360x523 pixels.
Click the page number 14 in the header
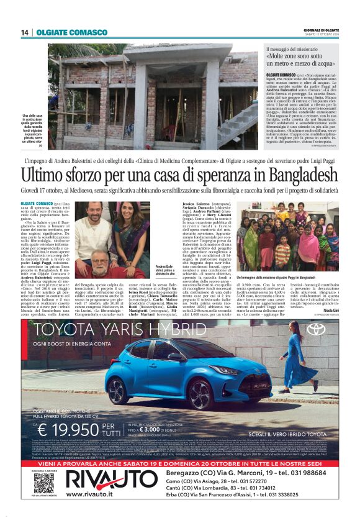[25, 32]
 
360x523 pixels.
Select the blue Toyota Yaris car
[176, 374]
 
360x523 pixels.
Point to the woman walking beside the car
[291, 362]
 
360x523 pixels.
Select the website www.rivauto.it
[90, 494]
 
